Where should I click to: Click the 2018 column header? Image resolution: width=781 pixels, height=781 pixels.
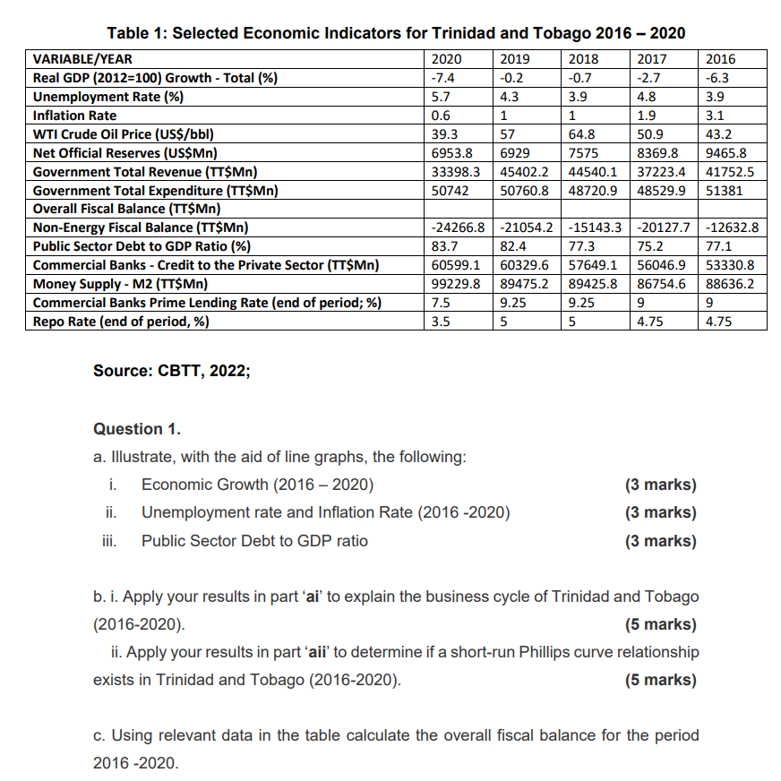pyautogui.click(x=584, y=59)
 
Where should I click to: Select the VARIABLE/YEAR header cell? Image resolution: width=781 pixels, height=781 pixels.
pyautogui.click(x=77, y=59)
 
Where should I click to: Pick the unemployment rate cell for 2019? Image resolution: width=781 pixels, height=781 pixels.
pyautogui.click(x=508, y=97)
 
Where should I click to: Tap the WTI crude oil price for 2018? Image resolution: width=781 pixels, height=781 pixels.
pyautogui.click(x=582, y=134)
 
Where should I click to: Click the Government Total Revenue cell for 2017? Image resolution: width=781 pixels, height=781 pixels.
pyautogui.click(x=661, y=172)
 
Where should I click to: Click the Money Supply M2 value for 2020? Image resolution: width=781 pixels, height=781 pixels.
pyautogui.click(x=456, y=285)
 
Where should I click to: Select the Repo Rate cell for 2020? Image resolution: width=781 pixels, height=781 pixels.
pyautogui.click(x=441, y=322)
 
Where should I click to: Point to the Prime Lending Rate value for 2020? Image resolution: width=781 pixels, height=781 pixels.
pyautogui.click(x=441, y=304)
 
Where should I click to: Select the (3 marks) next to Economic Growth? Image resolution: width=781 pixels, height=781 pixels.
pyautogui.click(x=659, y=485)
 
